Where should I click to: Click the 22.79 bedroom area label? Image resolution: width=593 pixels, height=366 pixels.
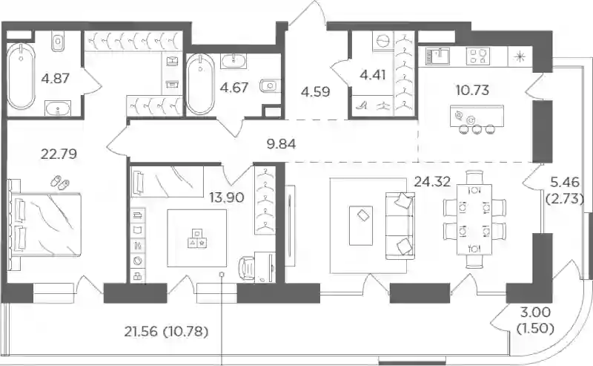coord(59,154)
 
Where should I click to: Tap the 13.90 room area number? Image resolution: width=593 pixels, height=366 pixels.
coord(227,197)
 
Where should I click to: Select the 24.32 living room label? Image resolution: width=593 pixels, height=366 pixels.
coord(432,182)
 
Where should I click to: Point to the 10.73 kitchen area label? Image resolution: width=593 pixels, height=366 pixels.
coord(473,90)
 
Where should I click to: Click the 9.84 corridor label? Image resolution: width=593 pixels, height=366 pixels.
coord(282,144)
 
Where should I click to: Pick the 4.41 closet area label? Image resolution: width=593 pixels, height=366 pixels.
coord(373,75)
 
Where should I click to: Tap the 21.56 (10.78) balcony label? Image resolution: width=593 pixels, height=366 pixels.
coord(166,332)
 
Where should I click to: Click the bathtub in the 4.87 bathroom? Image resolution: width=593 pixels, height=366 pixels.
coord(21,76)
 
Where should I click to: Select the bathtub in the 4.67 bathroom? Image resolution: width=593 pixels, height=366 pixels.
coord(200,84)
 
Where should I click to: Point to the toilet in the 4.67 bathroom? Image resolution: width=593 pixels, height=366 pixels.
coord(269,86)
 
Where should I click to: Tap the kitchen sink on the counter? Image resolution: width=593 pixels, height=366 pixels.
coord(437,56)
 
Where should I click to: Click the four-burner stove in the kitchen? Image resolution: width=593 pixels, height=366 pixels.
coord(478,56)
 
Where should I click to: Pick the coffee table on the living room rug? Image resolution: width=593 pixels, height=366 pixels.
coord(361,226)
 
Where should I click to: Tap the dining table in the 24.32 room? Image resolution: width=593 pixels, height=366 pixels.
coord(474,219)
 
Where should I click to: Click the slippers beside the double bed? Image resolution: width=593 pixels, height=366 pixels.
coord(60,182)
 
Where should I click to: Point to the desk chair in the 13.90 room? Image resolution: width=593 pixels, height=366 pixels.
coord(247,269)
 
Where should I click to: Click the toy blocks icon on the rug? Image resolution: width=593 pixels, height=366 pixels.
coord(197,238)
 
